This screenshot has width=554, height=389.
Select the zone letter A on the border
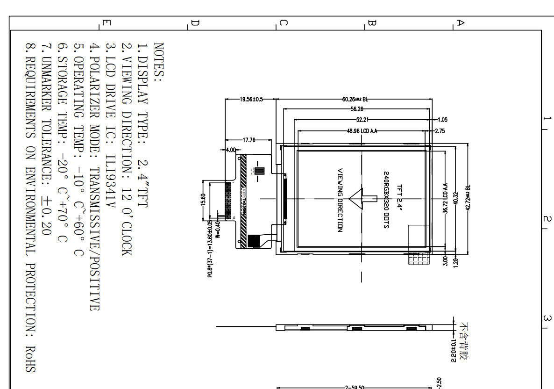tap(460, 22)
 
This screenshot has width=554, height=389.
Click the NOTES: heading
tap(158, 63)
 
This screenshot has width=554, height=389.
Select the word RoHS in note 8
tap(30, 359)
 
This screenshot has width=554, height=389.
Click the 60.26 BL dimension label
tap(355, 99)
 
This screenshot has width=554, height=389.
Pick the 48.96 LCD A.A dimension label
tap(362, 131)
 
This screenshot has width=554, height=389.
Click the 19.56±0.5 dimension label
tap(251, 99)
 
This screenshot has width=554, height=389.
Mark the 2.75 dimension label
tap(440, 131)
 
